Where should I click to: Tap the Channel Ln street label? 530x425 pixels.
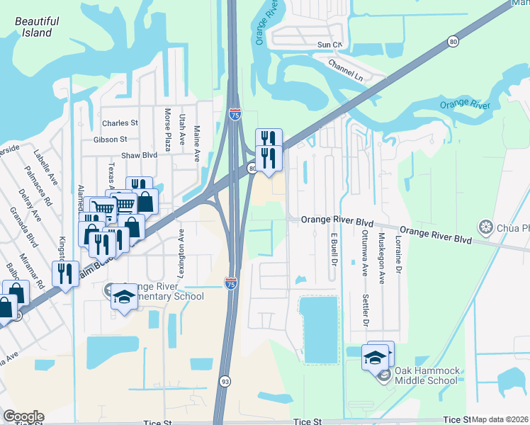(345, 69)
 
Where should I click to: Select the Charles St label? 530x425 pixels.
(119, 123)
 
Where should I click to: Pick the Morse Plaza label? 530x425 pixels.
(168, 130)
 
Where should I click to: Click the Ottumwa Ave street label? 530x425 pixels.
(364, 253)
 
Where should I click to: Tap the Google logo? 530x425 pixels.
(23, 416)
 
